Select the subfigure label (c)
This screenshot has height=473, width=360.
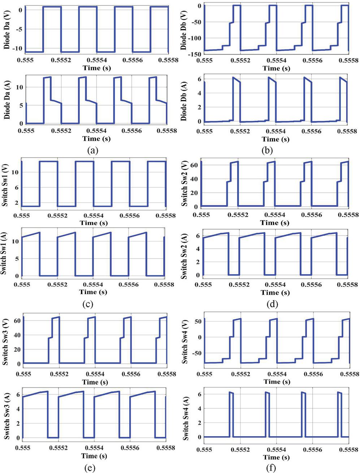(88, 304)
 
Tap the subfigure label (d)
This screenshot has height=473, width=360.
(272, 304)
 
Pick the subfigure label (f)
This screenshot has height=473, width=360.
(270, 468)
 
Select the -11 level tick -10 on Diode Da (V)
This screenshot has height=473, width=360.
(17, 48)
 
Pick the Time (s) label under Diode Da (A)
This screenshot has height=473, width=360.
(96, 139)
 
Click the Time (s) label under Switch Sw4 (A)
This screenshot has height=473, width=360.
(276, 457)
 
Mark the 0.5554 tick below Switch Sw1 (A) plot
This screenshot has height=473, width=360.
(93, 285)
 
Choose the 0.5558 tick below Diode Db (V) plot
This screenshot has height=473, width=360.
(347, 60)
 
